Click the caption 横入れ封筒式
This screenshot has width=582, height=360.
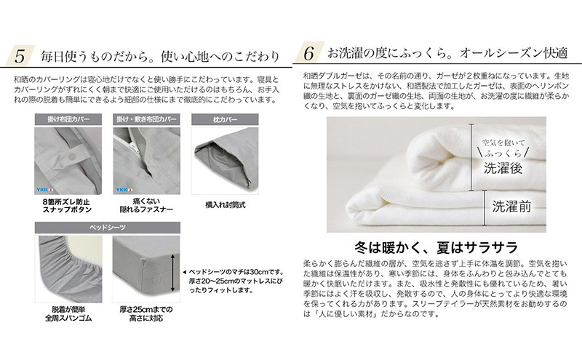pos(223,205)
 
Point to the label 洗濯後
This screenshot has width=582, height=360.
pos(499,169)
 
